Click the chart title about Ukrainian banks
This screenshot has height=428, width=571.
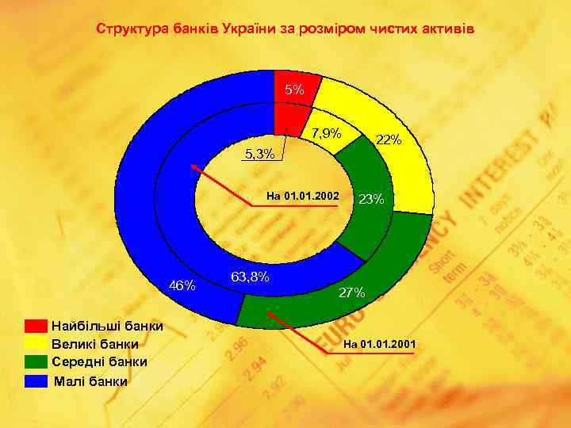point(285,29)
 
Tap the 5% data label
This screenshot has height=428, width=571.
point(294,90)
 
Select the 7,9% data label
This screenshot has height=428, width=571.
point(326,132)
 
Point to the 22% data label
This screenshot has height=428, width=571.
point(389,140)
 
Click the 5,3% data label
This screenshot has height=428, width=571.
point(260,154)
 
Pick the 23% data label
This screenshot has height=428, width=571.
point(371,199)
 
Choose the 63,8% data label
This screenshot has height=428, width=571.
point(250,277)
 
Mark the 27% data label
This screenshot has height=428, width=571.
point(352,292)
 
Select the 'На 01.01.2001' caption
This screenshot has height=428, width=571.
point(379,343)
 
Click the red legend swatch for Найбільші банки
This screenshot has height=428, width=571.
point(36,326)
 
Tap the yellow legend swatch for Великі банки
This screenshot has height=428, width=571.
point(36,344)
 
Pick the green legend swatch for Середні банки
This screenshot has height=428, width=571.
point(36,362)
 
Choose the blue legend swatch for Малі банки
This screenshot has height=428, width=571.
point(36,381)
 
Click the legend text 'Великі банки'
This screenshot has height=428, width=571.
point(94,344)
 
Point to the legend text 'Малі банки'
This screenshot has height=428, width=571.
point(90,381)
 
